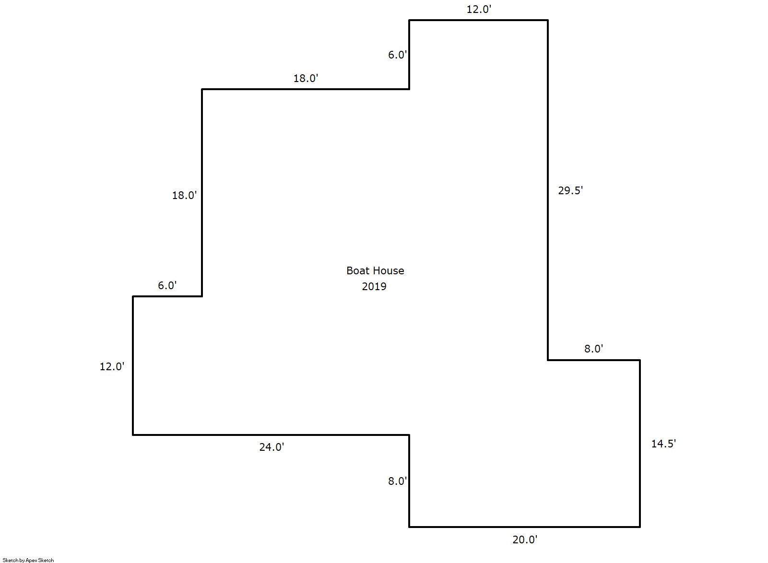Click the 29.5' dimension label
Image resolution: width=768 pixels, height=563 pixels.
570,190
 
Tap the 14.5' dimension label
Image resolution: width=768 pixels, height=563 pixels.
663,444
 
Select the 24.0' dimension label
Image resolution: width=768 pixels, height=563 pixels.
272,447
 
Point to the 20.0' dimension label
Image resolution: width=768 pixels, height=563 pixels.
525,540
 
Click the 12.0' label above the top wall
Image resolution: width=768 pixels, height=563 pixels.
479,9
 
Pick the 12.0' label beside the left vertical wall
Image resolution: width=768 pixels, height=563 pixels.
112,367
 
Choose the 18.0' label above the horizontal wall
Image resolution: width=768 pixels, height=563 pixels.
306,79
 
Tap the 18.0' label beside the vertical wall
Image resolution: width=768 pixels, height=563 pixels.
185,195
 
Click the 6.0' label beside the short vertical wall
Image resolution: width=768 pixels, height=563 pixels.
397,55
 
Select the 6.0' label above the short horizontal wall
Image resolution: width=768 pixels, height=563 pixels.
167,285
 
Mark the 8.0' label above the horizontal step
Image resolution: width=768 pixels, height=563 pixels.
594,349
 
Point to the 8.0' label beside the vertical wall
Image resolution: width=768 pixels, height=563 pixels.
397,481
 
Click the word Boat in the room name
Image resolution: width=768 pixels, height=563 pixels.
356,270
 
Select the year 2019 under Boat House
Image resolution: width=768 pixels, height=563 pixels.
374,286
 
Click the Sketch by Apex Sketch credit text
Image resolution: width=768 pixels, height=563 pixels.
28,560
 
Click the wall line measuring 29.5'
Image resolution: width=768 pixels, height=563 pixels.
548,190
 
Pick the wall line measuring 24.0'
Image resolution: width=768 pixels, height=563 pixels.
271,435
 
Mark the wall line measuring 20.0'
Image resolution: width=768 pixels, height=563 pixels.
525,527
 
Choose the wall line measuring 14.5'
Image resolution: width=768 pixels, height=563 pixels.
640,444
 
